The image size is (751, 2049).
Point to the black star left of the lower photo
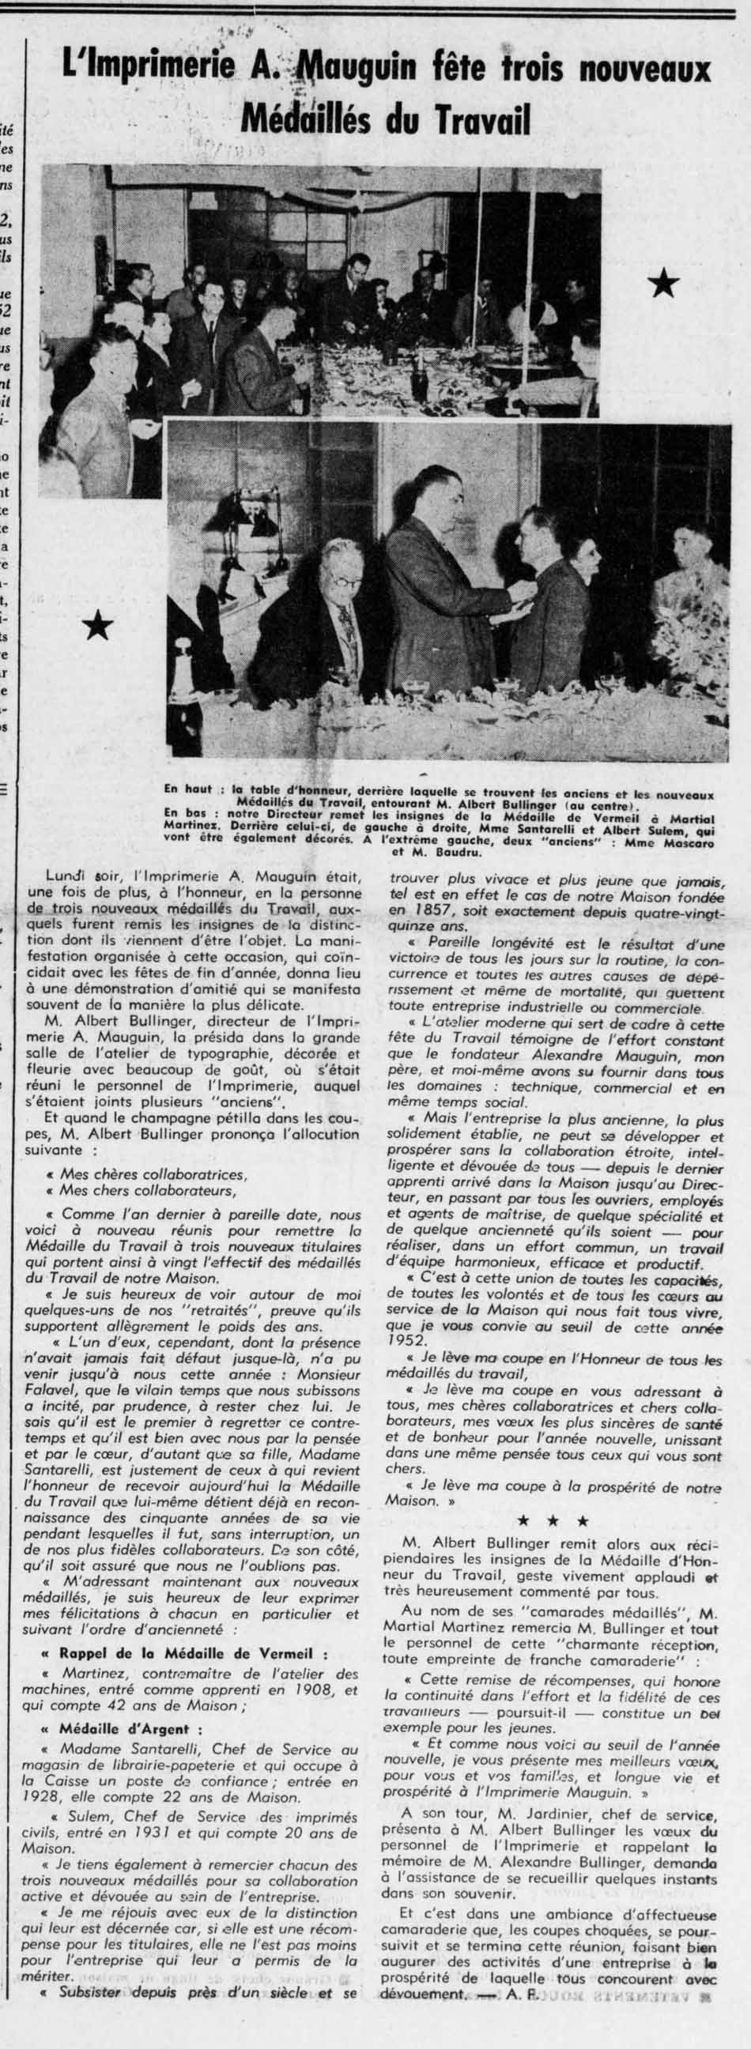98,627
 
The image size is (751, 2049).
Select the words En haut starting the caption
187,791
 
